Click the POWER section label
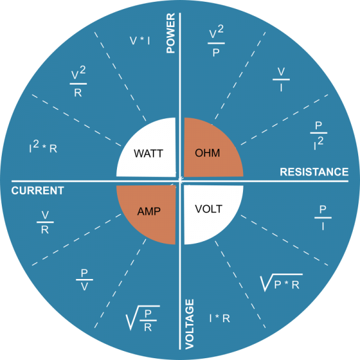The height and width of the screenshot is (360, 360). (x=170, y=33)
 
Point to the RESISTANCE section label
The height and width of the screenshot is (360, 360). (x=314, y=172)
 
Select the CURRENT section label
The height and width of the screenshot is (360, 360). (x=38, y=191)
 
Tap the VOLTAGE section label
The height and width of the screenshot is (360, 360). (x=190, y=324)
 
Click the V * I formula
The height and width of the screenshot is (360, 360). (x=140, y=41)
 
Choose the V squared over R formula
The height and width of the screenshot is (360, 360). (x=78, y=82)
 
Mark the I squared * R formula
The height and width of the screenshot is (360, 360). (x=43, y=147)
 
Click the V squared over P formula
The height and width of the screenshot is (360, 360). (x=216, y=41)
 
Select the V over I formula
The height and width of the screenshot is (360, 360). (x=281, y=79)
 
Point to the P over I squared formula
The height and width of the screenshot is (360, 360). (x=319, y=136)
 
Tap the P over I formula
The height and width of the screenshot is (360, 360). (x=323, y=217)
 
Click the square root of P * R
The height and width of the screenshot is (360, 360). (x=281, y=283)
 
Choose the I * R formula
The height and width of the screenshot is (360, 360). (x=220, y=319)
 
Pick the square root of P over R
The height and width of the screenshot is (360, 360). (x=143, y=318)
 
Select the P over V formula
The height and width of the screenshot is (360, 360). (x=85, y=280)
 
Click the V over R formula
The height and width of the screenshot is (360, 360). (x=45, y=222)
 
